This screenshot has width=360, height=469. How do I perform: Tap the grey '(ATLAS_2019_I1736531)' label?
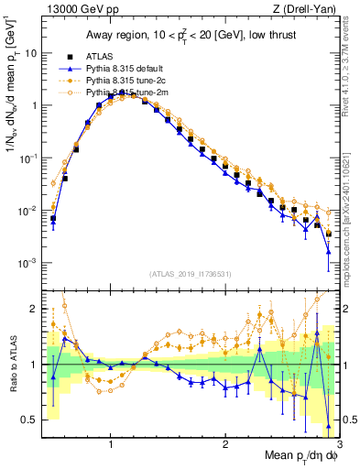pyautogui.click(x=189, y=274)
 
